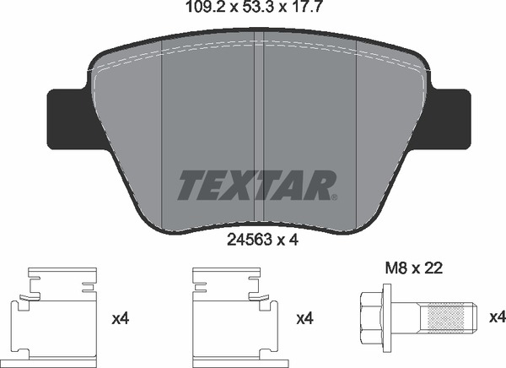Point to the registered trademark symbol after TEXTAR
pyautogui.click(x=334, y=198)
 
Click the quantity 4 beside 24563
pyautogui.click(x=295, y=239)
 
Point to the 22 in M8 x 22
pyautogui.click(x=435, y=269)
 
